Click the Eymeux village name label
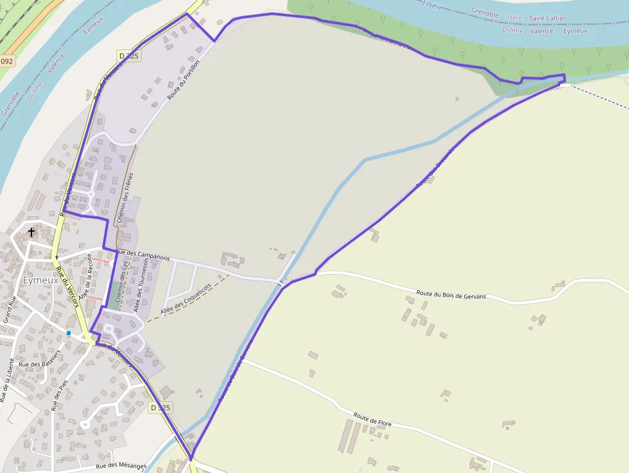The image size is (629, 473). click(40, 280)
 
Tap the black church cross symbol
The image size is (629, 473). click(31, 232)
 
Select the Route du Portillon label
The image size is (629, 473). click(184, 80)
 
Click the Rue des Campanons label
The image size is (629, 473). click(144, 255)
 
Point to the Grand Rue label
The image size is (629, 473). click(10, 309)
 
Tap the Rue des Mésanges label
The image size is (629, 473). click(121, 467)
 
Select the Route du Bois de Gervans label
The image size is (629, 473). click(451, 295)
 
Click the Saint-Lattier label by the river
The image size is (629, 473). click(547, 19)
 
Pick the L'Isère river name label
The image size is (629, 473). click(435, 4)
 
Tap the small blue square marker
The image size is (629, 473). click(69, 333)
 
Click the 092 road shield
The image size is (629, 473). click(6, 62)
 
